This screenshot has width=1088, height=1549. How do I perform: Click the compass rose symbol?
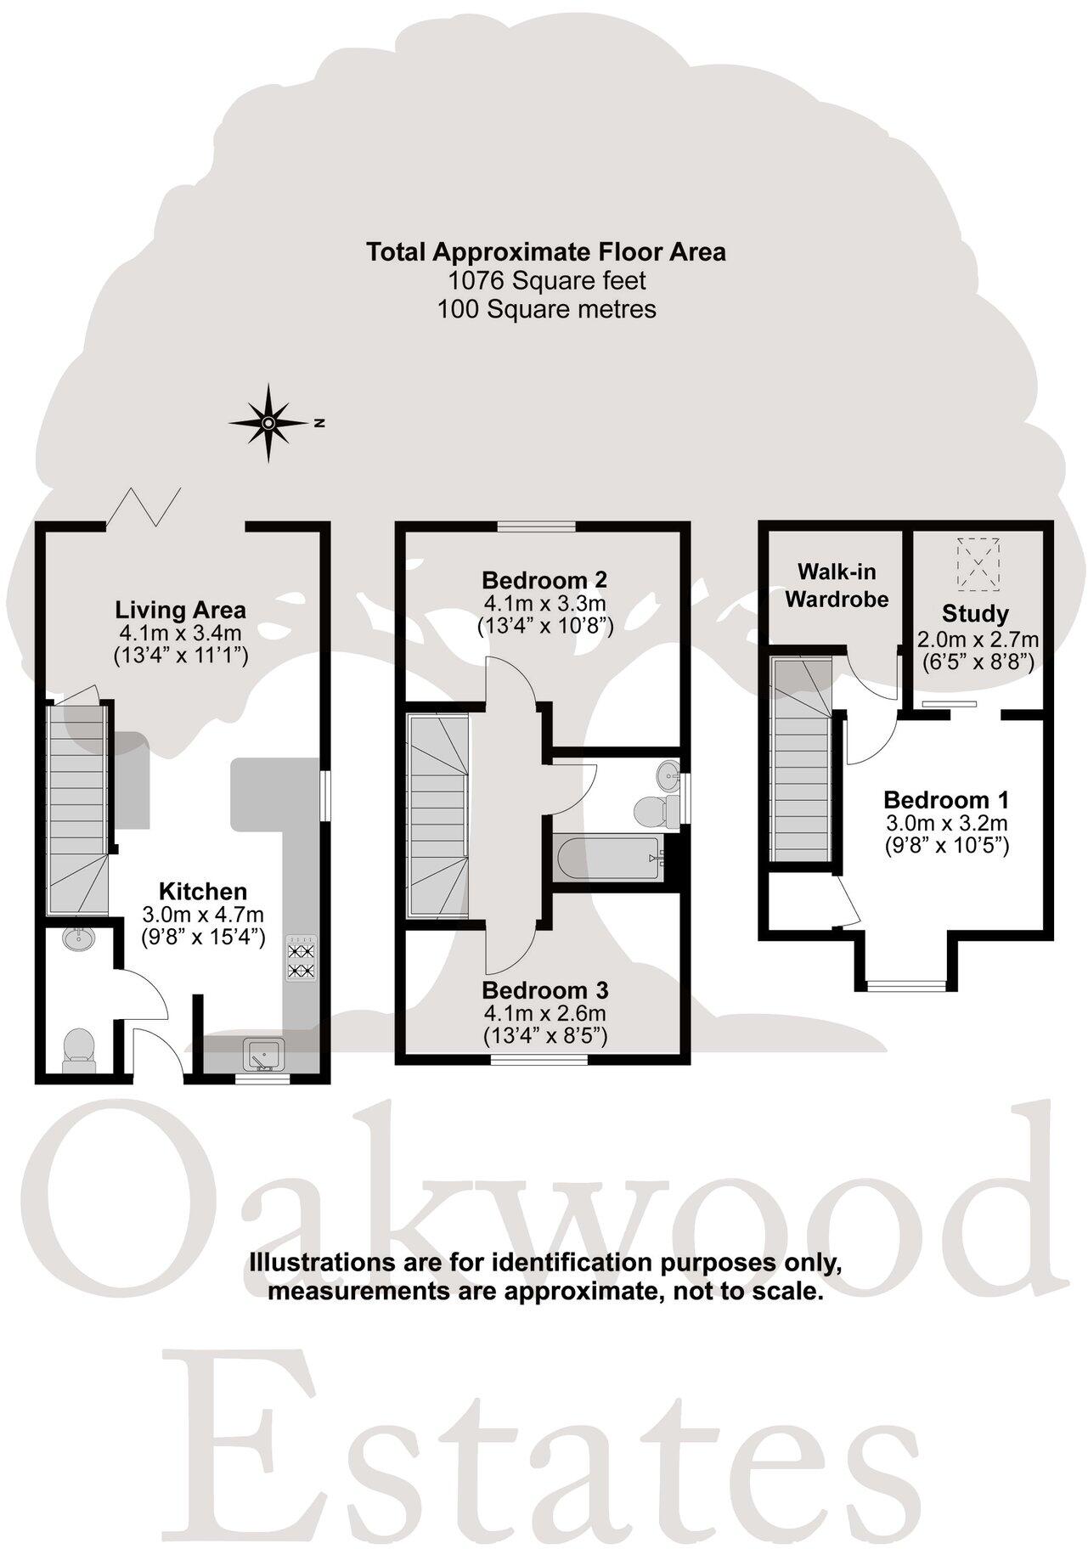pos(268,422)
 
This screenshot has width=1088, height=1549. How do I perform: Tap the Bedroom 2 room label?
pos(544,581)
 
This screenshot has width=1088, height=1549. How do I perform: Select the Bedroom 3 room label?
pos(544,990)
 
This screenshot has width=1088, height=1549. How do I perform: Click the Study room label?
pos(975,614)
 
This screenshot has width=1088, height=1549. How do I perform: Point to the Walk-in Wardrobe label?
pos(836,586)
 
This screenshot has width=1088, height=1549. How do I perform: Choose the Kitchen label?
pos(203,892)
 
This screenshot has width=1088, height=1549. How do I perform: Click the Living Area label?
pos(180,610)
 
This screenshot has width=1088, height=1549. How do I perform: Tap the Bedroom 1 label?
pos(946,800)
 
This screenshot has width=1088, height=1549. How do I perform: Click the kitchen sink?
pos(260,1054)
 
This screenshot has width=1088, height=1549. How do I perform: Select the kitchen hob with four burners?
pos(299,959)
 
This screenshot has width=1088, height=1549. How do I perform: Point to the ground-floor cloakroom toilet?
pos(79,1045)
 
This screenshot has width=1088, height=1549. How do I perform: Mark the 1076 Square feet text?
pos(546,280)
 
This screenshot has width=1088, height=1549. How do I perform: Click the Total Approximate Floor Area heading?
pos(545,251)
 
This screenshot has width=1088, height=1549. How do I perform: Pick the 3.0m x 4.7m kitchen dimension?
pos(203,915)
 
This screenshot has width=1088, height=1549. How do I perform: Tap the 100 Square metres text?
pos(546,309)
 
